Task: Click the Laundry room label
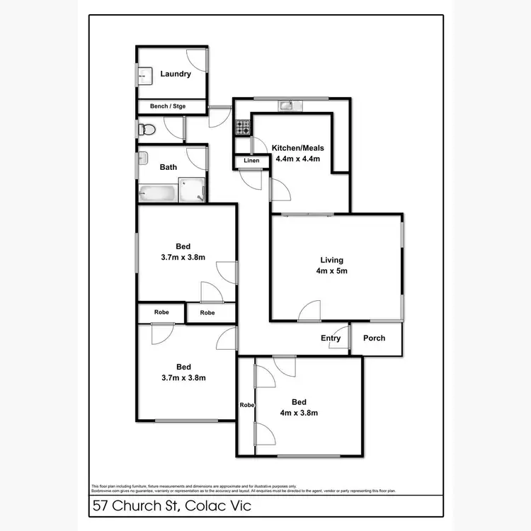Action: (176, 74)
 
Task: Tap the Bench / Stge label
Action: (168, 106)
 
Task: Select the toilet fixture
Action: (147, 130)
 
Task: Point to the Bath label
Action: (169, 168)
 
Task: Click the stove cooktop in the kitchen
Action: (243, 128)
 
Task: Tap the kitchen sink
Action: (286, 106)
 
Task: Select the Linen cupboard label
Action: (251, 161)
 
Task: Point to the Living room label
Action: (331, 259)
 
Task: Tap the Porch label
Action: (375, 338)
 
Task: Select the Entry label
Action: (331, 338)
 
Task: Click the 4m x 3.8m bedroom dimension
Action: (299, 413)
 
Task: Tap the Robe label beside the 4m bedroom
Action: (246, 405)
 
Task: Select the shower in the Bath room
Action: (192, 189)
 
